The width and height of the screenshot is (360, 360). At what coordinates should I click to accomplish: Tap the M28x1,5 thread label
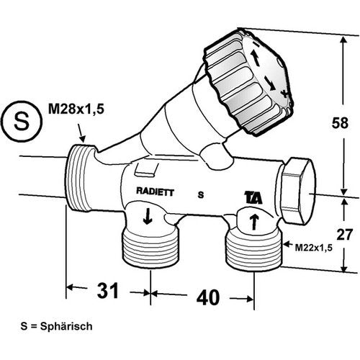76,109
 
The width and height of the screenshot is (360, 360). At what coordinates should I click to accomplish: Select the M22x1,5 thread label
314,248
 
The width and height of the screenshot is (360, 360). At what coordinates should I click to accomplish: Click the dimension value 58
340,123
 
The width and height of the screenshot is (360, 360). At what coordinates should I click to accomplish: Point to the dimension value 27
345,235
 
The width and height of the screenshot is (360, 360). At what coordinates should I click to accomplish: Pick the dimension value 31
108,290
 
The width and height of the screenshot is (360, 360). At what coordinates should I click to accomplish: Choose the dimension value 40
208,297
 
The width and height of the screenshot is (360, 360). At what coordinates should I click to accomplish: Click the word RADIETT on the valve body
155,192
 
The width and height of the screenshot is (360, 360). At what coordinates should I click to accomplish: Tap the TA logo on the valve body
253,198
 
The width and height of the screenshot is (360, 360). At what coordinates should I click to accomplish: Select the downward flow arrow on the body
148,216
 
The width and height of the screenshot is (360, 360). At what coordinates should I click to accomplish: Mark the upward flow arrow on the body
254,222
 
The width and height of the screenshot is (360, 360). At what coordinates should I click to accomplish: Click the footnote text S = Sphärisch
56,326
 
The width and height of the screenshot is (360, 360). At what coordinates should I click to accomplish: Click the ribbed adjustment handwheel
248,81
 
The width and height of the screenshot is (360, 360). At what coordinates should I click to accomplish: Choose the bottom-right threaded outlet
254,251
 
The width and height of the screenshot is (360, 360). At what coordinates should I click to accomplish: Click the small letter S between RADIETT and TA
201,195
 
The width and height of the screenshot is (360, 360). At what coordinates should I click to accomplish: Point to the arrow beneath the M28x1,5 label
81,133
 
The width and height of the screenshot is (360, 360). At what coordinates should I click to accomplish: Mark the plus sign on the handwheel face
285,94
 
